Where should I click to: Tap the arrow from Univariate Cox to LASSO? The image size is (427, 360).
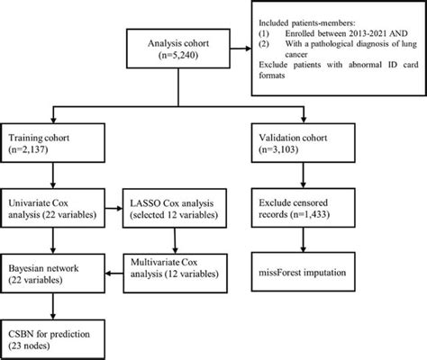click(114, 209)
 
